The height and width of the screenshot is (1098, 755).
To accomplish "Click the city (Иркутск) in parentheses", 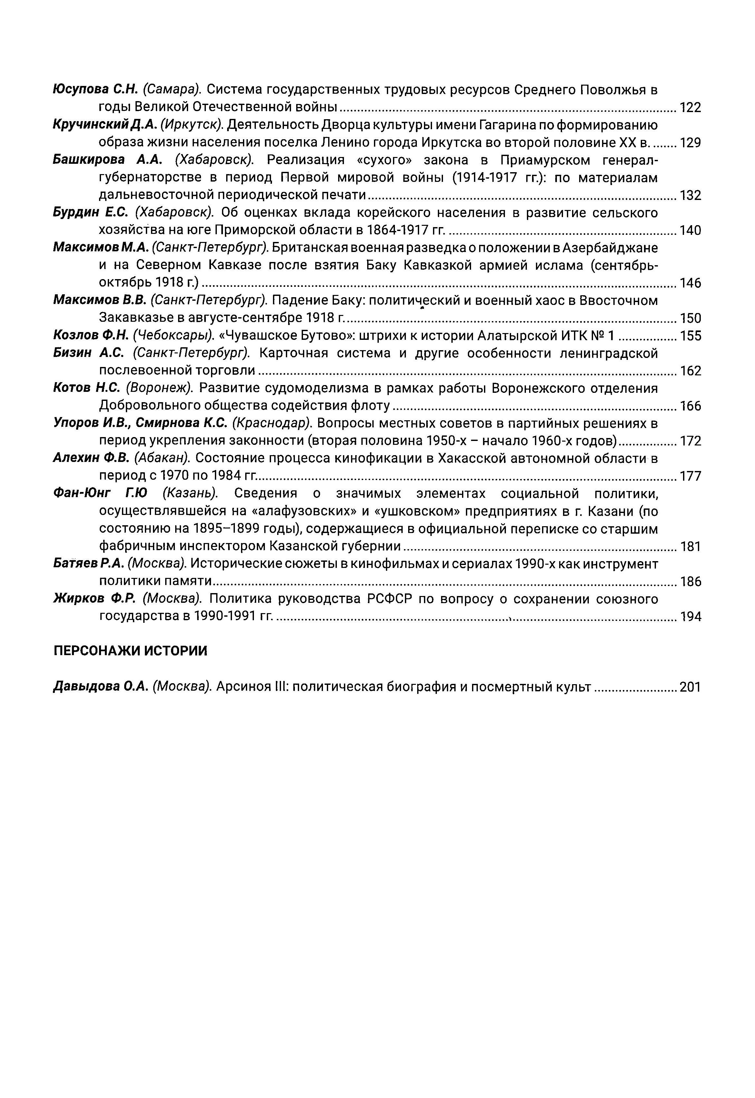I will click(192, 125).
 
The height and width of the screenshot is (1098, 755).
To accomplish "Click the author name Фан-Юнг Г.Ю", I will click(100, 494).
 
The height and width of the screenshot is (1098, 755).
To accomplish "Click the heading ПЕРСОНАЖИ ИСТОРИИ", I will click(131, 651).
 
